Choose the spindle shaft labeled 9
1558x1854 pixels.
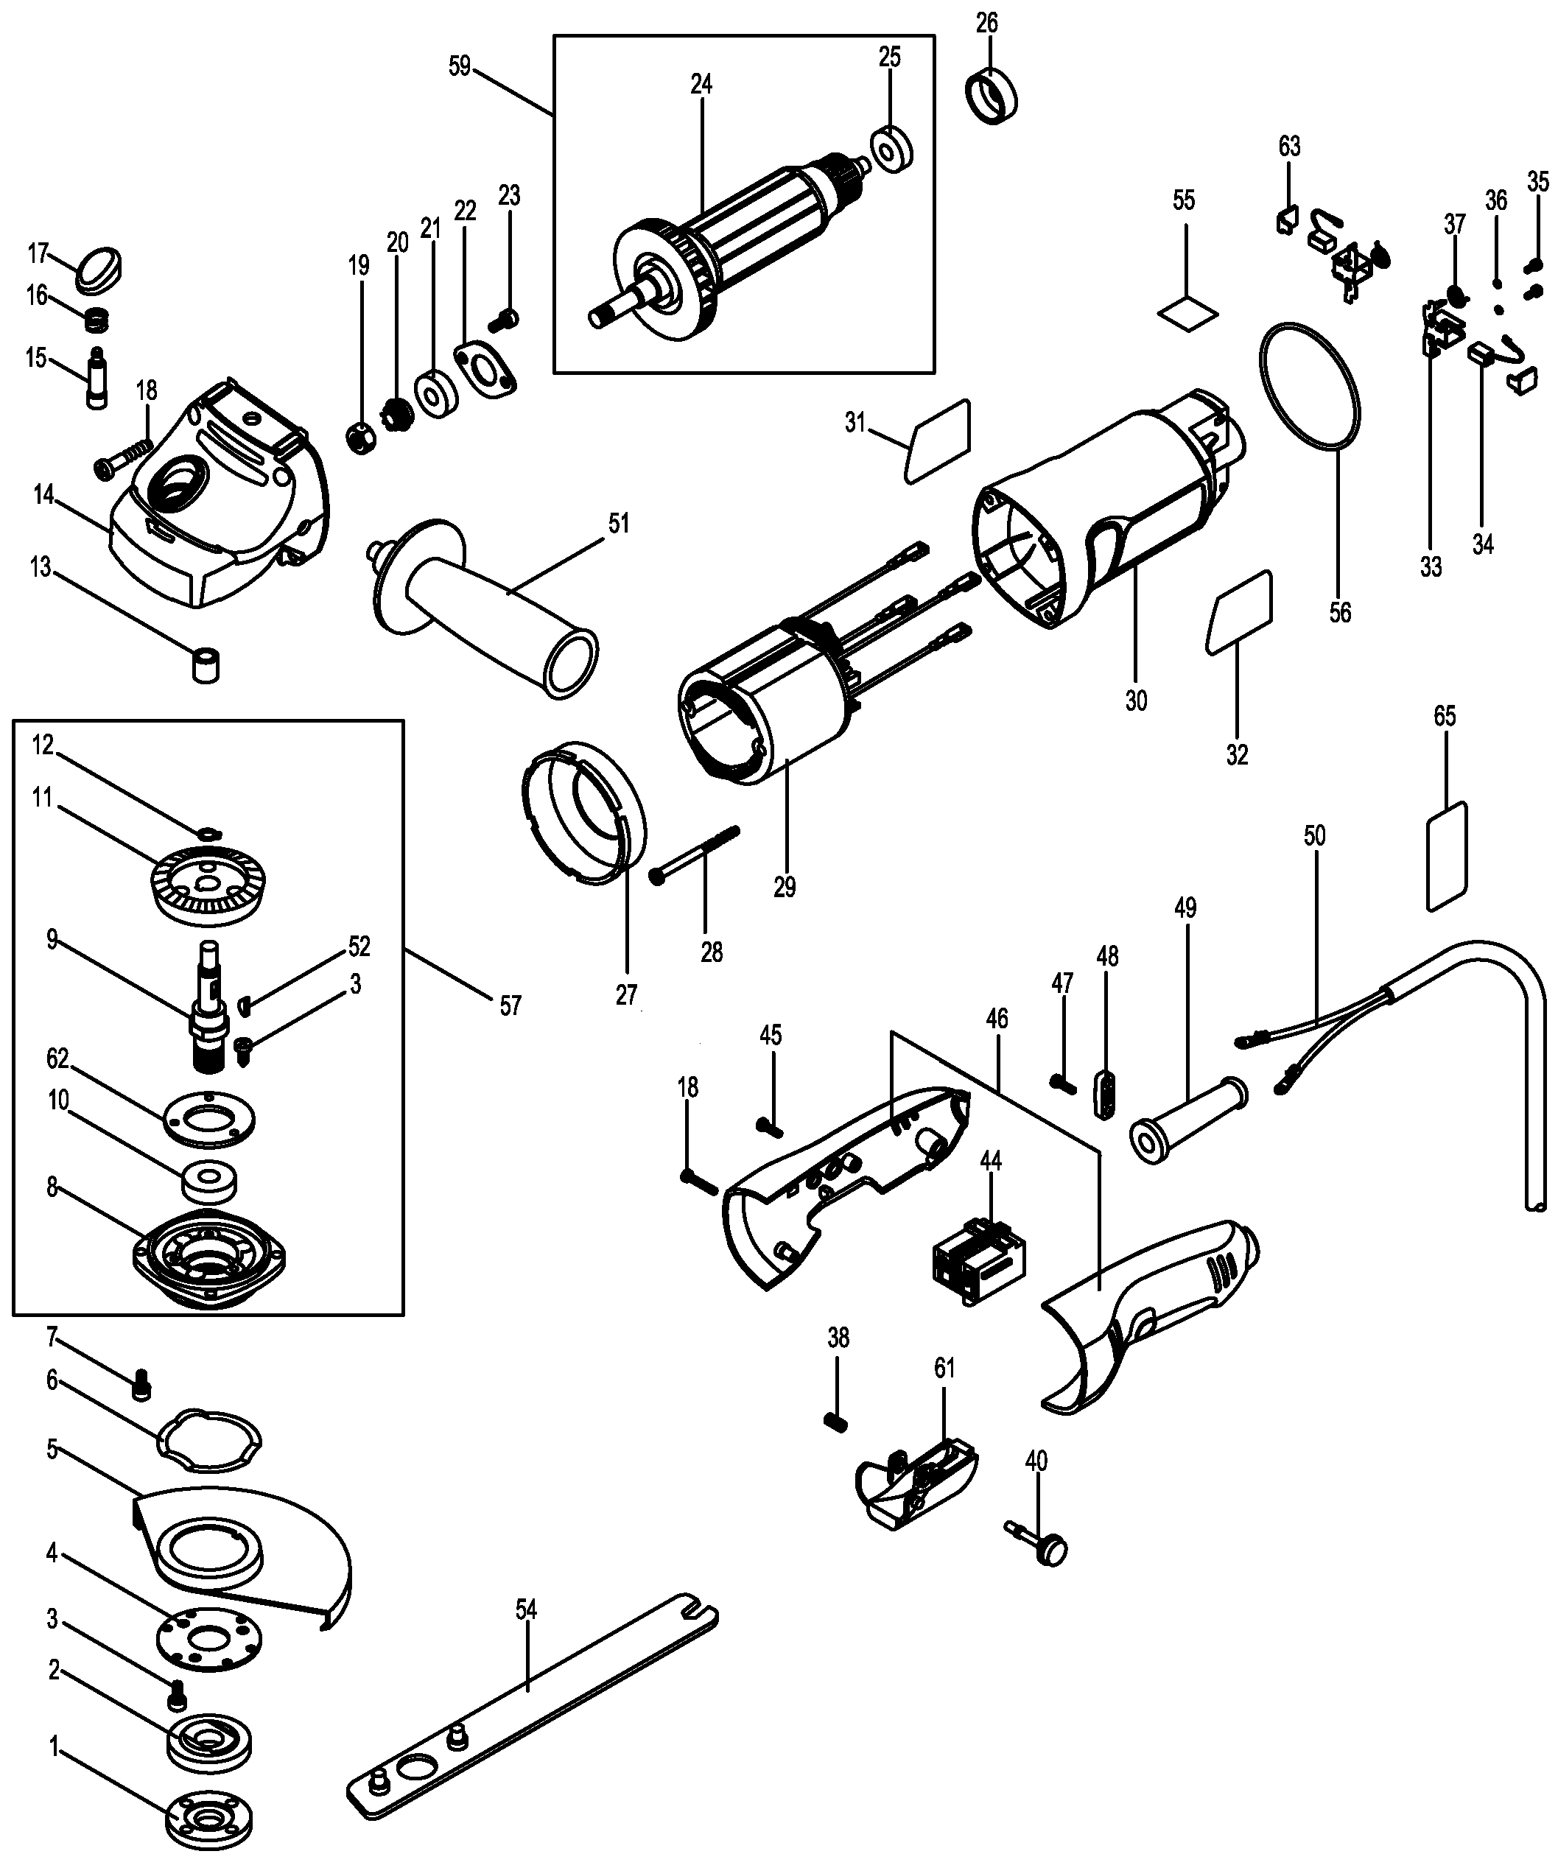[x=209, y=1007]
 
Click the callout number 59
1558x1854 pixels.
[x=459, y=66]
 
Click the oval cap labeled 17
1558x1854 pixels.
[x=99, y=270]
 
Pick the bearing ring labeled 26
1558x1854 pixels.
[x=994, y=97]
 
